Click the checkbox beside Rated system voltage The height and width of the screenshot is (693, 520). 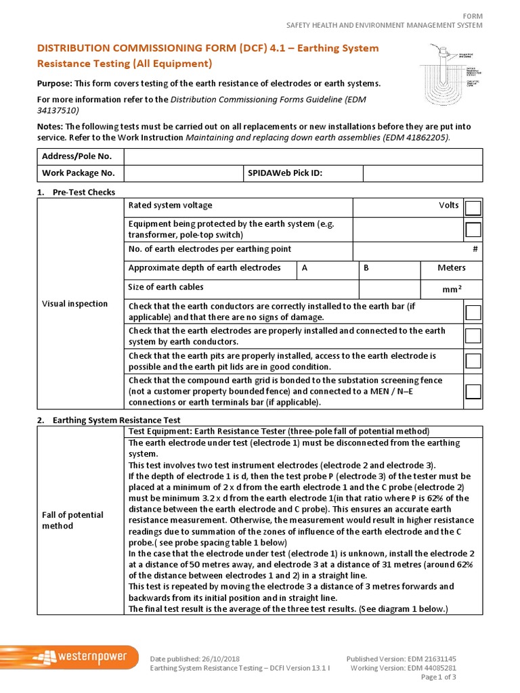[473, 208]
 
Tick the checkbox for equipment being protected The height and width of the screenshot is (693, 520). [473, 229]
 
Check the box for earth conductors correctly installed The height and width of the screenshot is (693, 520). [473, 312]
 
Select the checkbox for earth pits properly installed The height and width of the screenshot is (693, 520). [473, 361]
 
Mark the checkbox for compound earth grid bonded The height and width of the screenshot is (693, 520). [473, 392]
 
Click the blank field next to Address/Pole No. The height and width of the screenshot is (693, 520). [303, 157]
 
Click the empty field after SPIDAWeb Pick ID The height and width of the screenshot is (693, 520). [422, 173]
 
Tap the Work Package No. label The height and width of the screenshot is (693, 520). [79, 173]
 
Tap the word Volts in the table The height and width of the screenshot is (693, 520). [448, 205]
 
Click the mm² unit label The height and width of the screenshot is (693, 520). [452, 290]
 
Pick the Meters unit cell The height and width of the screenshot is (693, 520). [451, 268]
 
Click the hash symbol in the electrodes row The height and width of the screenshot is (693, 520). [475, 249]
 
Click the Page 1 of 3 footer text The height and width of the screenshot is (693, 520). [438, 677]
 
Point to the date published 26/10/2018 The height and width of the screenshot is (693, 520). [194, 658]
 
